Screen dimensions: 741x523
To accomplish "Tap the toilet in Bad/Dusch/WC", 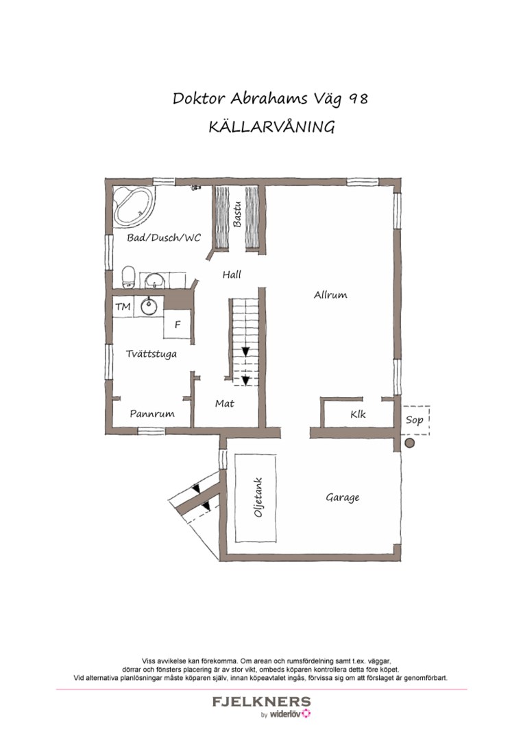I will pos(127,278).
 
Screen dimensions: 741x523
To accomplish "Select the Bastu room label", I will pos(237,213).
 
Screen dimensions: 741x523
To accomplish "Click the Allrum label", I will pos(330,295).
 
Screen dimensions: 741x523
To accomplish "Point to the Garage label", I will pos(342,497).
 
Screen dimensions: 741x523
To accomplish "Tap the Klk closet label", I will pos(358,414).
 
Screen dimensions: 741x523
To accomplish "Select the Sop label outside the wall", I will pos(415,420).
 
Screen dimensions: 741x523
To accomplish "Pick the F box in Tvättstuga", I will pos(178,325).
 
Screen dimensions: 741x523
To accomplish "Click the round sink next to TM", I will pos(149,306).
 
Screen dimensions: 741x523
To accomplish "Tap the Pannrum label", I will pos(152,414).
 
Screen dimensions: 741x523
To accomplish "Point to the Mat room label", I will pos(224,403).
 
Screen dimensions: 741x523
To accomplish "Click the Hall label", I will pos(232,274).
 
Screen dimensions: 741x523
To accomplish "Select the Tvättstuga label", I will pos(151,354).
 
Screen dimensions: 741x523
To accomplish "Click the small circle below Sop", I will pos(410,444).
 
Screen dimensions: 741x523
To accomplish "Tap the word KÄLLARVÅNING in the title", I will pos(271,127).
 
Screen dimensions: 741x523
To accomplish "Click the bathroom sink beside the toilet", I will pos(155,279).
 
